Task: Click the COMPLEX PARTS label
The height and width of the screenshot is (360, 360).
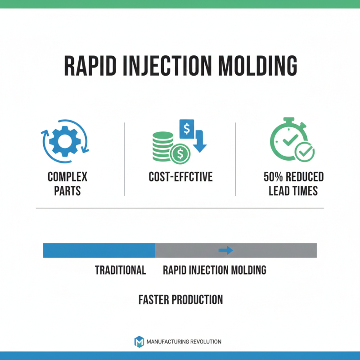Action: (67, 183)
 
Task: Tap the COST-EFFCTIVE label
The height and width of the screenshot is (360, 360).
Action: (180, 177)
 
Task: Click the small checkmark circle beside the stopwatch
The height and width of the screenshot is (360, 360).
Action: (305, 152)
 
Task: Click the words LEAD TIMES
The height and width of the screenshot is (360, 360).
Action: (293, 190)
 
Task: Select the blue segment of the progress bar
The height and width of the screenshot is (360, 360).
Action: (99, 250)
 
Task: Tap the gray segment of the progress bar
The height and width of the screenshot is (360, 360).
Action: (270, 250)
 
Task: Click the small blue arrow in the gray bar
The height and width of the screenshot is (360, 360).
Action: (225, 250)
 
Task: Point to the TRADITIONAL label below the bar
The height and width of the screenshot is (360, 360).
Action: (120, 270)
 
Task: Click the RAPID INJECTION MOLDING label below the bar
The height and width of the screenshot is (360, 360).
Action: (214, 270)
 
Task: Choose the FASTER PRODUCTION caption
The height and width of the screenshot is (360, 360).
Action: (180, 299)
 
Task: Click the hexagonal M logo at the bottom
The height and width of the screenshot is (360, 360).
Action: (139, 342)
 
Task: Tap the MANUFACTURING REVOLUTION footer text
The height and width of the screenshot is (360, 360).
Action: (184, 342)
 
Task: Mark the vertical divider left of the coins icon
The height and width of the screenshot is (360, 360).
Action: (124, 158)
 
